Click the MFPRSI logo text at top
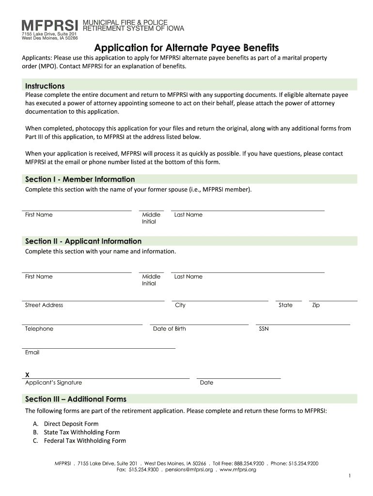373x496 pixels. [50, 25]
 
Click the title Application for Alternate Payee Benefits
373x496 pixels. [186, 47]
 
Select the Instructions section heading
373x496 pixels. [45, 86]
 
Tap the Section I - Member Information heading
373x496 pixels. [80, 179]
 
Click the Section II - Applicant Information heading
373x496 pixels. [83, 241]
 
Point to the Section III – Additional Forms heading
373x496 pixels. [76, 399]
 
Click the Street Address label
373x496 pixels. [44, 305]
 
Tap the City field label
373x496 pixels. [180, 305]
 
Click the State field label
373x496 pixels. [285, 305]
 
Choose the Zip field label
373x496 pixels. [316, 305]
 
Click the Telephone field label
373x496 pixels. [39, 329]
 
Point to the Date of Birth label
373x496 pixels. [169, 329]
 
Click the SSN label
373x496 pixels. [264, 329]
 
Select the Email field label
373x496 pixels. [32, 353]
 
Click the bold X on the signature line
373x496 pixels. [28, 374]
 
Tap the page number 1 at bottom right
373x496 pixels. [349, 477]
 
